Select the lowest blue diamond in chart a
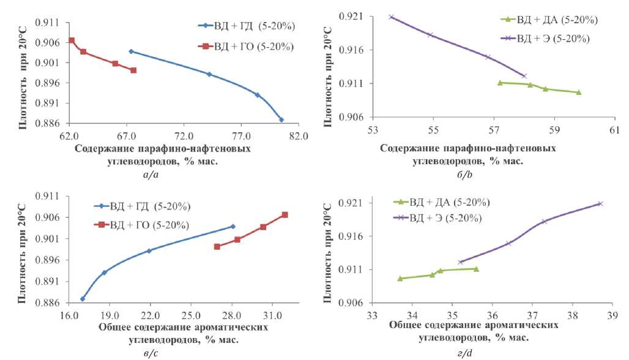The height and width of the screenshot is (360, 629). tap(281, 119)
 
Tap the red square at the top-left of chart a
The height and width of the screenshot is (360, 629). tap(72, 40)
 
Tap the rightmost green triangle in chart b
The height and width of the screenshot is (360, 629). tap(578, 92)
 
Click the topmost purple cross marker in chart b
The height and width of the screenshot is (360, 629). tap(391, 17)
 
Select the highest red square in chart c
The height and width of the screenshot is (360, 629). tap(285, 215)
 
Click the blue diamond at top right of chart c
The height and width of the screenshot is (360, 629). tap(233, 227)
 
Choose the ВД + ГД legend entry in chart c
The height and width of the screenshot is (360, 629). tap(149, 205)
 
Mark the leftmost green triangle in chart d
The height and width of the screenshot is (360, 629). tap(400, 279)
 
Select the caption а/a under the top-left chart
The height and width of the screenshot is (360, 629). tap(151, 175)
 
